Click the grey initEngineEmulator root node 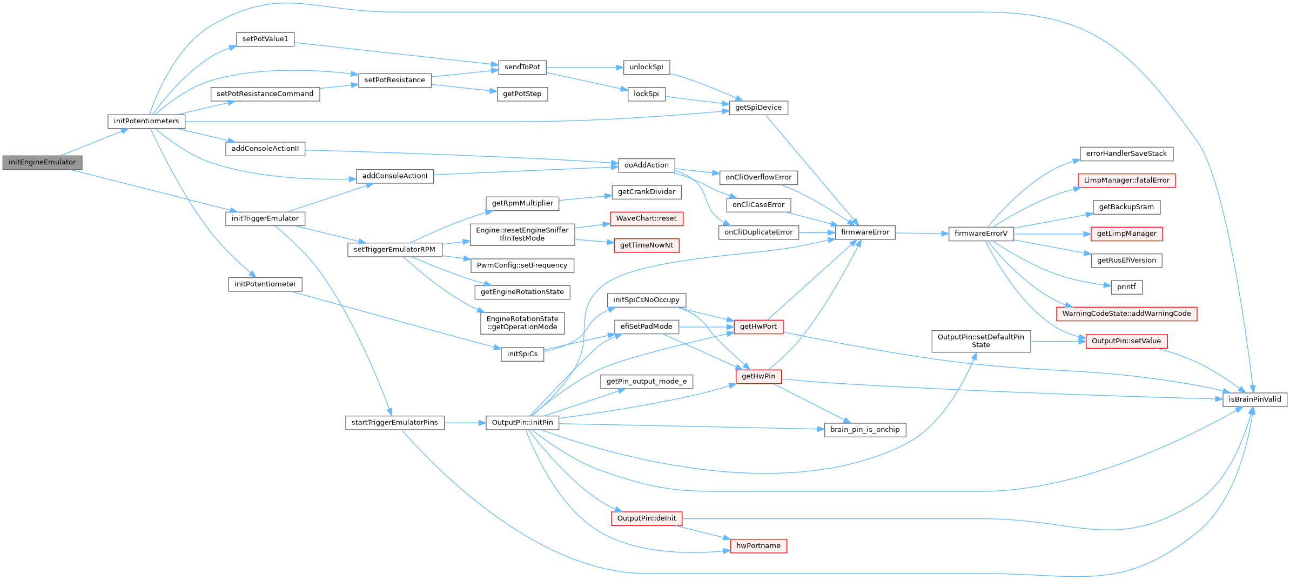click(x=42, y=162)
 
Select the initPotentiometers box click(x=146, y=121)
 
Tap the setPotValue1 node click(x=265, y=39)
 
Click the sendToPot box click(x=522, y=67)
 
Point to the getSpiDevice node click(x=758, y=108)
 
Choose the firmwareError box click(x=865, y=232)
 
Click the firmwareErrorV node click(x=981, y=234)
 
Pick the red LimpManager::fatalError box click(x=1126, y=181)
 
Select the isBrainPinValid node click(x=1255, y=399)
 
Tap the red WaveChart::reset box click(x=646, y=218)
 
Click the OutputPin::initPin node click(x=522, y=423)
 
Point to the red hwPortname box click(x=758, y=546)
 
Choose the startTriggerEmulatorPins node click(x=394, y=423)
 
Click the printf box click(x=1126, y=287)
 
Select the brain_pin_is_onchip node click(x=865, y=430)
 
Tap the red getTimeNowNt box click(x=646, y=245)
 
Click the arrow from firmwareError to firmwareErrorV click(x=922, y=234)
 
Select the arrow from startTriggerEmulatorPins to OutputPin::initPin click(x=465, y=423)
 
